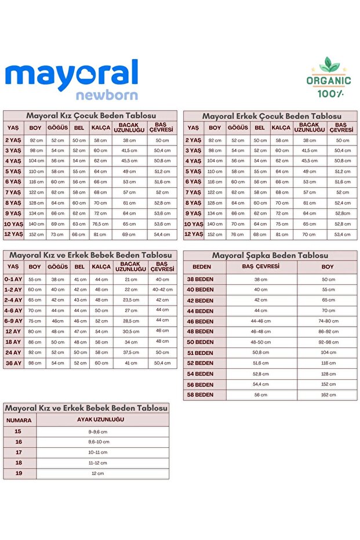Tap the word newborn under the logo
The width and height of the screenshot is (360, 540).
(106, 95)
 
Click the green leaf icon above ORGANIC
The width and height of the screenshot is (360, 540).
(329, 66)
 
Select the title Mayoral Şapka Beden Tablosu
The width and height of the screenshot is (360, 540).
(270, 255)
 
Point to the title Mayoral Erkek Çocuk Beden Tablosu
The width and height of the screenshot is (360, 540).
(271, 116)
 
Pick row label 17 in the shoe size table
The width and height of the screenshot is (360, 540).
(19, 452)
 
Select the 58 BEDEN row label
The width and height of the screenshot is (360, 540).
(200, 395)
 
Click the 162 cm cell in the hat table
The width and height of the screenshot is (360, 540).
(328, 395)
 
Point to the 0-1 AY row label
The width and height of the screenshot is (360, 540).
(13, 280)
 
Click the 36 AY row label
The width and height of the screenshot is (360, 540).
(13, 363)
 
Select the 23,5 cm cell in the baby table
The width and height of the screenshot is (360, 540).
(131, 300)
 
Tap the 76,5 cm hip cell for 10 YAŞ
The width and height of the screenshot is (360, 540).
(100, 224)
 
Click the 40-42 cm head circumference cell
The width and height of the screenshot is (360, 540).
(162, 290)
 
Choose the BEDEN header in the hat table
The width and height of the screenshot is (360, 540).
(202, 267)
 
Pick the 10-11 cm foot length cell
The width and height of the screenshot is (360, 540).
(97, 452)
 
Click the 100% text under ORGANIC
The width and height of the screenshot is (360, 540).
(329, 93)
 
